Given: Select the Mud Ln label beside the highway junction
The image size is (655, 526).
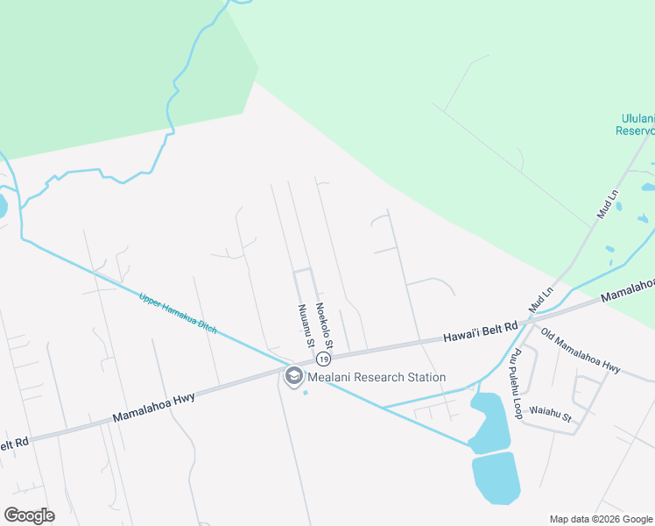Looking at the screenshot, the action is pyautogui.click(x=541, y=300).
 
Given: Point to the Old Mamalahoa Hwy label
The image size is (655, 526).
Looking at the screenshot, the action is pyautogui.click(x=581, y=351).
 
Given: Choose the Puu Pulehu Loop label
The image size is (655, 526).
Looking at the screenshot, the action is pyautogui.click(x=517, y=384).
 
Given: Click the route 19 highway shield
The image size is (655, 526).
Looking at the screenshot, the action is pyautogui.click(x=323, y=359).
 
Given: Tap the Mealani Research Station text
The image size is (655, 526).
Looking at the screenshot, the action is pyautogui.click(x=376, y=377).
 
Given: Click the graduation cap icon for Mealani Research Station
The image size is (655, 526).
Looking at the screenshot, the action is pyautogui.click(x=293, y=377).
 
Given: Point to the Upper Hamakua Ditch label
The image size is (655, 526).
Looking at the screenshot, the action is pyautogui.click(x=178, y=312).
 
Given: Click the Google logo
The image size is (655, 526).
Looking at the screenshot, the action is pyautogui.click(x=29, y=515).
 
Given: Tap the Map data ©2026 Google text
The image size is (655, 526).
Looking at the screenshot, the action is pyautogui.click(x=601, y=519).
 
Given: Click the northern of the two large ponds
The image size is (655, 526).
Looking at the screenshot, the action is pyautogui.click(x=489, y=422).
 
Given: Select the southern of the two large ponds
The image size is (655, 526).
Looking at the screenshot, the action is pyautogui.click(x=496, y=477).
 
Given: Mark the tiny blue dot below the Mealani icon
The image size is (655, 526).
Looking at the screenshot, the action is pyautogui.click(x=306, y=392).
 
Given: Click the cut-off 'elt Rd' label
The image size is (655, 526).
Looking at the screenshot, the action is pyautogui.click(x=15, y=444).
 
